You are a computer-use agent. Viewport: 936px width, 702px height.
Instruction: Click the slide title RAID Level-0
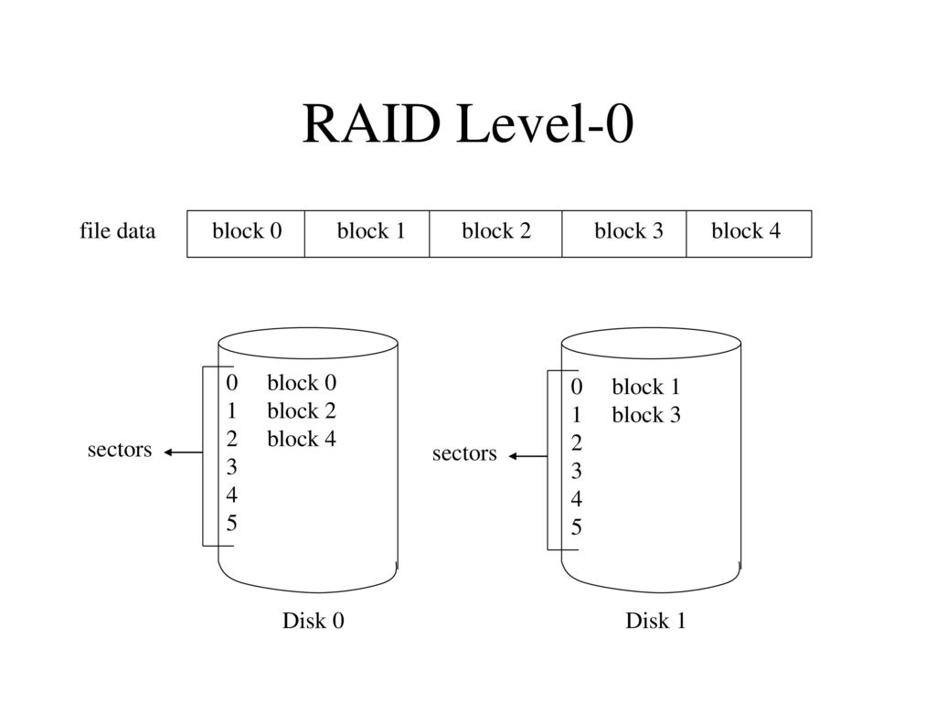click(468, 123)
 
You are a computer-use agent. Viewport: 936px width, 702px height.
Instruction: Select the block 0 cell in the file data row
click(246, 234)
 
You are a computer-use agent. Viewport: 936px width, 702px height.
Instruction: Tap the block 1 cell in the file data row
click(367, 234)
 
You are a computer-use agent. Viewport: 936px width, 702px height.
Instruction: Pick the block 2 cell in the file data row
click(496, 234)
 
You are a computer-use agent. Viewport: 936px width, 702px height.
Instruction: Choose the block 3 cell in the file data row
click(624, 234)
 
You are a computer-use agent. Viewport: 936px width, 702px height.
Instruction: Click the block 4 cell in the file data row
click(750, 234)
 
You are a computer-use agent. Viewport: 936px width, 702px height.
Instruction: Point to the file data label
click(118, 231)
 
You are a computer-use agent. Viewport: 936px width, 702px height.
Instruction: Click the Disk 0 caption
click(314, 621)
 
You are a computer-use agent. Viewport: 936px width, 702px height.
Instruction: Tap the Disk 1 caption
click(655, 621)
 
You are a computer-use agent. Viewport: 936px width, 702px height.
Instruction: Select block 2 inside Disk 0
click(302, 410)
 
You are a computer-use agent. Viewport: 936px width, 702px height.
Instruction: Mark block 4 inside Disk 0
click(302, 439)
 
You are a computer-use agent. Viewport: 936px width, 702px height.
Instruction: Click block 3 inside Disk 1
click(646, 415)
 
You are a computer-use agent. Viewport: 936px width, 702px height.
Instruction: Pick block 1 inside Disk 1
click(646, 387)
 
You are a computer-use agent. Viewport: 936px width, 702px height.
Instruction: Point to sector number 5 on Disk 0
click(231, 524)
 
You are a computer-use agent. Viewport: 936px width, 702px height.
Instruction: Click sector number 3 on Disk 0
click(231, 467)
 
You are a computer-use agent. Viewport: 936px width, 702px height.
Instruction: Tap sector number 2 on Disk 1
click(576, 443)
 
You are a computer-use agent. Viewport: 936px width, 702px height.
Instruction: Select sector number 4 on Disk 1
click(576, 499)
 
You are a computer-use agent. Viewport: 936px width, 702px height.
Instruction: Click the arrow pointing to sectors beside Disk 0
click(183, 452)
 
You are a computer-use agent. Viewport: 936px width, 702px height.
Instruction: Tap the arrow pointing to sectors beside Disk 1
click(527, 457)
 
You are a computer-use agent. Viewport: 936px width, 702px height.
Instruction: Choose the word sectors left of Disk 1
click(464, 453)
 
